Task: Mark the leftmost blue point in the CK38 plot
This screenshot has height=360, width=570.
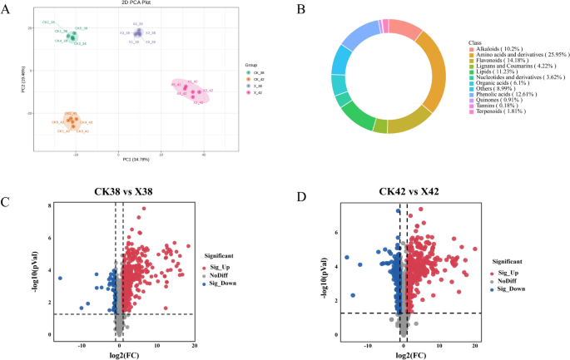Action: tap(60, 278)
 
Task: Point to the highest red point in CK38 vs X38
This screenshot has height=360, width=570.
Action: tap(143, 209)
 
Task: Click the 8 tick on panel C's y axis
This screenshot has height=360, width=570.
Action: tap(50, 205)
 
